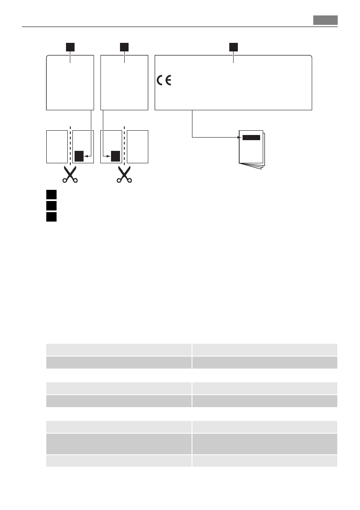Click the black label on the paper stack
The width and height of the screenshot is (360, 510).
251,138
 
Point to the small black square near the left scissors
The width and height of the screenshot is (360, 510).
78,156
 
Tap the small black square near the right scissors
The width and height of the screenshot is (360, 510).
115,156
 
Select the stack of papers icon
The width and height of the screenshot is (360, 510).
252,150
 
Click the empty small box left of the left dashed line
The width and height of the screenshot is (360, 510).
57,147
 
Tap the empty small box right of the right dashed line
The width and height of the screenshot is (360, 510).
138,147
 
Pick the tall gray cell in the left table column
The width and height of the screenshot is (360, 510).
119,444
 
